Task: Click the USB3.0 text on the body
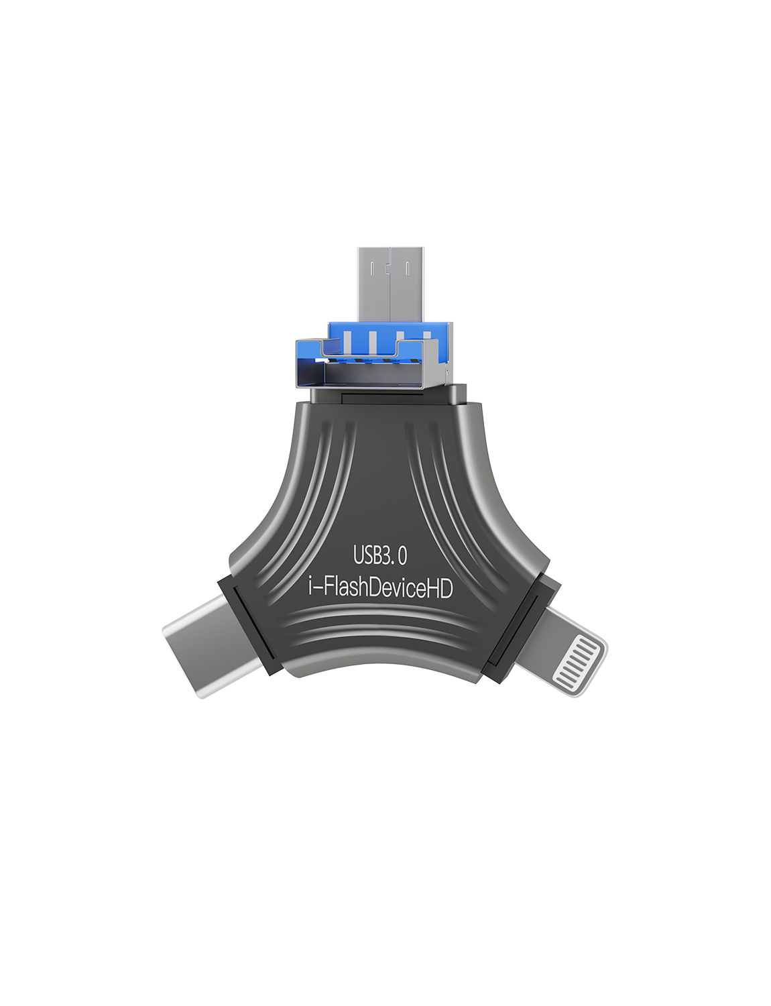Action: pos(380,555)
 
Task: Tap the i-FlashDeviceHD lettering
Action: pos(380,588)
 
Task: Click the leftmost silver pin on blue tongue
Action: pos(347,341)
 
